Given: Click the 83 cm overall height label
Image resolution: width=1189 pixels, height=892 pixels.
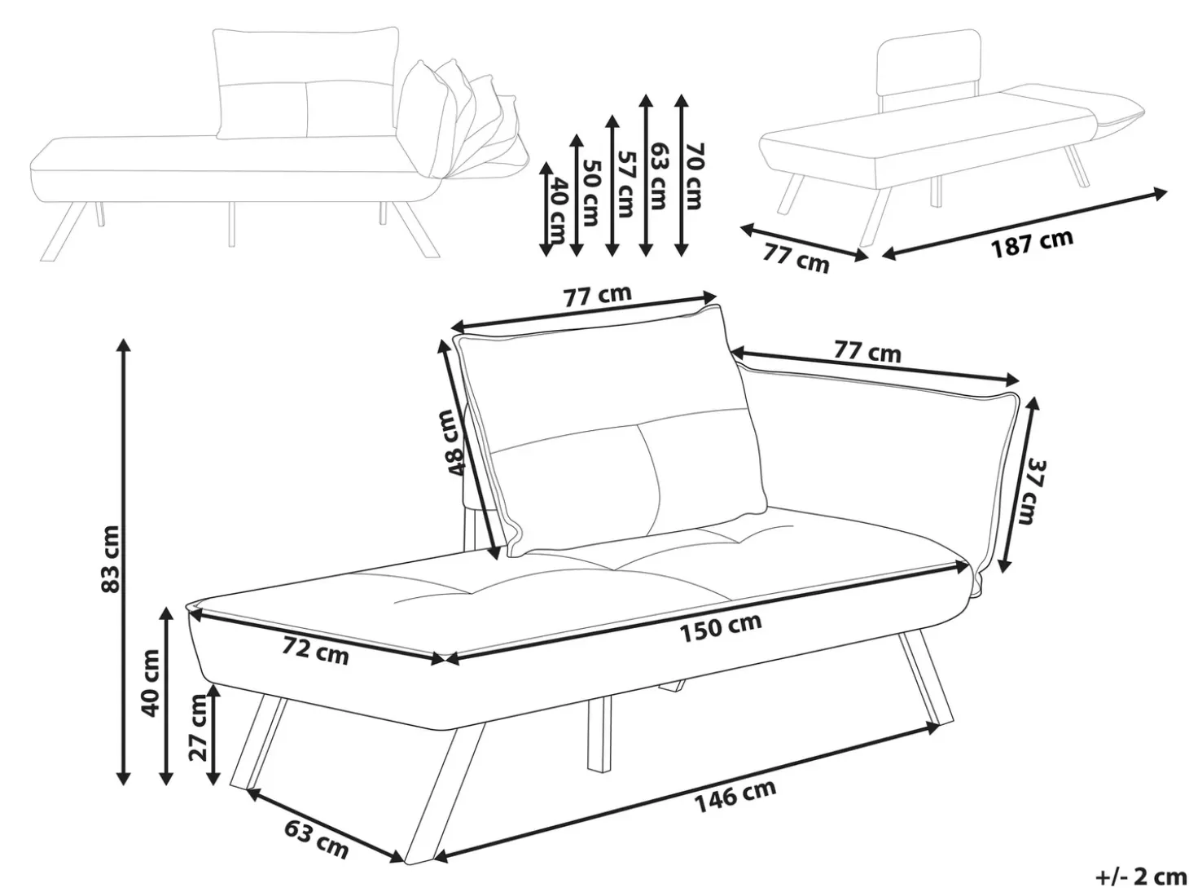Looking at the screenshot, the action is coord(110,558).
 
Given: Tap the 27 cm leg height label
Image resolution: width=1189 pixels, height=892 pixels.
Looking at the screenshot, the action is coord(199,727).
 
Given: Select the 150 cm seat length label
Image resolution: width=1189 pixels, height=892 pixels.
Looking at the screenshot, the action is coord(721,628).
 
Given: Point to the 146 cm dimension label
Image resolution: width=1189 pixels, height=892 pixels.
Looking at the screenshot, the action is coord(735,796).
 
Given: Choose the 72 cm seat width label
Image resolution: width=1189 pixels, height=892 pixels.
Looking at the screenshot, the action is coord(315,650).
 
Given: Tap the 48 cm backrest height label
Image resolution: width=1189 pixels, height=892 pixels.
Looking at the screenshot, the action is coord(453,442).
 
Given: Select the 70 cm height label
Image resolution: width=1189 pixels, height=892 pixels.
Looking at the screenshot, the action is coord(692,176).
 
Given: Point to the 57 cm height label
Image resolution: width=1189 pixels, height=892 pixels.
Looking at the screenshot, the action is coord(625,183).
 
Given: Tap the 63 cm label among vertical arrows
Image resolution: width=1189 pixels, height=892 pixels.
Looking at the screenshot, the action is coord(658,176).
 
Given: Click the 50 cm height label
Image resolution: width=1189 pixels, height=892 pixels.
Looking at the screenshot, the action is coord(590,192).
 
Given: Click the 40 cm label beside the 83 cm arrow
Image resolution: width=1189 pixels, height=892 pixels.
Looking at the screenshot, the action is coord(151,683).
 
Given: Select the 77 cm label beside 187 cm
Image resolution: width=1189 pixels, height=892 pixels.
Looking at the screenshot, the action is coord(796,258).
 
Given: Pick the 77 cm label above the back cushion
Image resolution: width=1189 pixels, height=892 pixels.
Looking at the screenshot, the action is coord(598,295).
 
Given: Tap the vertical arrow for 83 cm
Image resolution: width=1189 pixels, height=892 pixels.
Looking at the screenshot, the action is coord(124,561).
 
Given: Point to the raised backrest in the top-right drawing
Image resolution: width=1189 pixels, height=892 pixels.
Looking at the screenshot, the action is coord(928,68).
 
